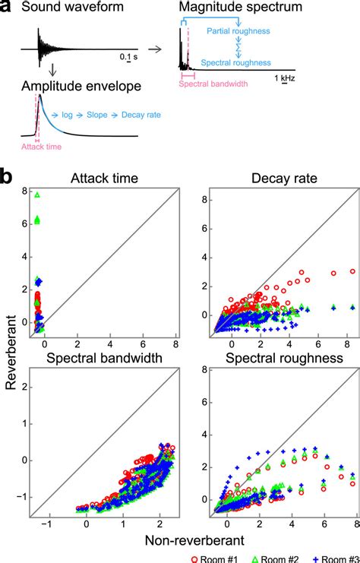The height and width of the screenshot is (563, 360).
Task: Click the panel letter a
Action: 7,8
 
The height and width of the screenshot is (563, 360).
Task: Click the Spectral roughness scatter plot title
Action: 276,356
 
